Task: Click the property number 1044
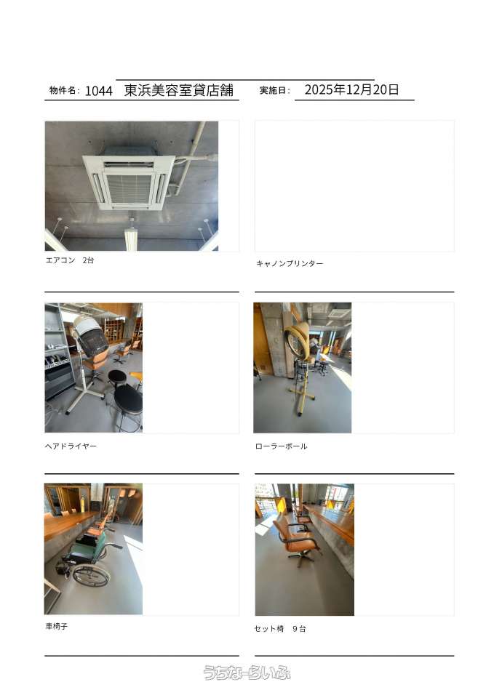[98, 91]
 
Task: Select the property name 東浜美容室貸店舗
[179, 90]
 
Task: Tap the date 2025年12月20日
[351, 89]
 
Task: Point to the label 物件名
[62, 90]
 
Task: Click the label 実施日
[273, 90]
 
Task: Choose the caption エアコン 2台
[70, 260]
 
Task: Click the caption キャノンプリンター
[290, 263]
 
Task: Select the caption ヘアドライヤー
[71, 446]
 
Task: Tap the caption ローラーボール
[281, 446]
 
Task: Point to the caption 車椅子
[57, 626]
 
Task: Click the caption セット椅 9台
[280, 629]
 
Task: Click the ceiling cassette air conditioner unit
[128, 181]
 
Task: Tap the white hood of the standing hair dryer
[90, 334]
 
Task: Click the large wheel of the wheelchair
[91, 577]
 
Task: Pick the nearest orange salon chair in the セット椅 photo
[296, 540]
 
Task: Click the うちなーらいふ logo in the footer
[247, 672]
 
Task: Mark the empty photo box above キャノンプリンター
[354, 186]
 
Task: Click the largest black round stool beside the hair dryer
[128, 401]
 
